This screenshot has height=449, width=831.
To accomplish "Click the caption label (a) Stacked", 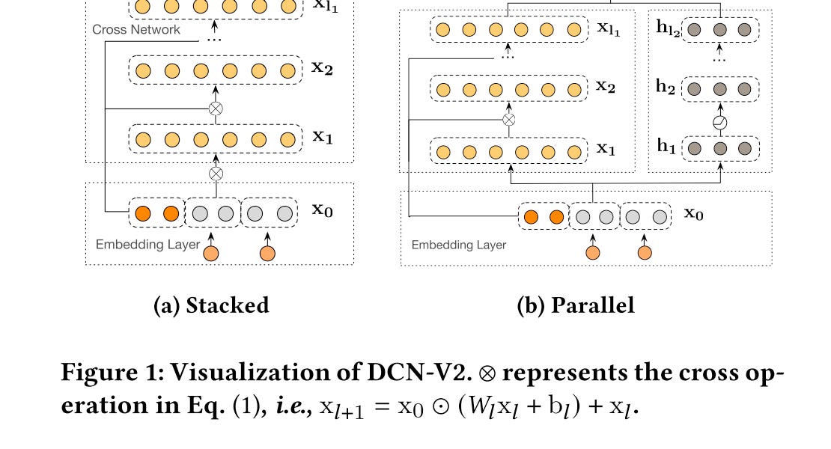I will pos(211,305).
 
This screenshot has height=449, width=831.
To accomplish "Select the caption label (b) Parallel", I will pos(576,305).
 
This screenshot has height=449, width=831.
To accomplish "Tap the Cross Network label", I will pos(136,30).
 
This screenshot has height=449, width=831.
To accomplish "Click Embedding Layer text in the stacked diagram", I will pos(147,245).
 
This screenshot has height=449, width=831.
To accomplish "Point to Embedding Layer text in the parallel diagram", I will pos(459,245).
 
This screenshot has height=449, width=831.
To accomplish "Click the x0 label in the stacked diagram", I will pos(323,210).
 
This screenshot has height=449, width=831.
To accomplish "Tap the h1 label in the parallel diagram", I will pos(666,146).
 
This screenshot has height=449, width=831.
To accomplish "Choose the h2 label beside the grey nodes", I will pos(666,87).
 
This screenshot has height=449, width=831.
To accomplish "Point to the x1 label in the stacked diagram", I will pos(323,138).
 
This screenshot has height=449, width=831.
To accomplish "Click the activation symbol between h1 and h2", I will pos(719,123).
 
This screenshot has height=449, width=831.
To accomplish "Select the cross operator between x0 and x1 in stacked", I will pos(216,173).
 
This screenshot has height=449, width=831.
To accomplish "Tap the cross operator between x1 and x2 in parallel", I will pos(508,120).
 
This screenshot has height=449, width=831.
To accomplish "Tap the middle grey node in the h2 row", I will pos(719,88).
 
